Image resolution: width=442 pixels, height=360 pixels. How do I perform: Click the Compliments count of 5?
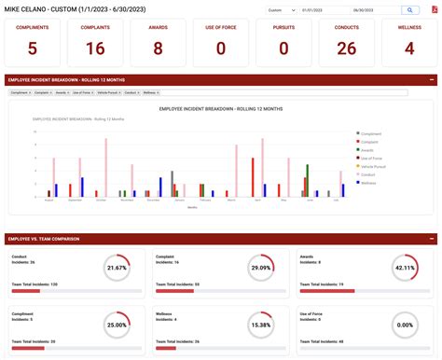33,48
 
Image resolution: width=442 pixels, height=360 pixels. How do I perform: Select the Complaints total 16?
95,48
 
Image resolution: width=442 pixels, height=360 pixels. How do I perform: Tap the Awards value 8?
158,48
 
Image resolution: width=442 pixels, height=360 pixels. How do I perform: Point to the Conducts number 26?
346,48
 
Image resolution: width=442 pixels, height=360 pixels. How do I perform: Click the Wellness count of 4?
408,48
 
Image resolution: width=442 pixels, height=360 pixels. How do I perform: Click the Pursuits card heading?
283,26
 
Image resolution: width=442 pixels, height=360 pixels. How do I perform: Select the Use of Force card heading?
220,26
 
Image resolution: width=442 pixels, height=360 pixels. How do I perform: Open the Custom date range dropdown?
277,9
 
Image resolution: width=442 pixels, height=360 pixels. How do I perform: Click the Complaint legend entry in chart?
370,142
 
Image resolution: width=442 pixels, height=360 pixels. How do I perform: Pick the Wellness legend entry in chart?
369,183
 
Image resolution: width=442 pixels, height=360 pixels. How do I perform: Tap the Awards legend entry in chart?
368,150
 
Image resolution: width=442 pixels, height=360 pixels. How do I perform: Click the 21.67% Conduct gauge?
117,268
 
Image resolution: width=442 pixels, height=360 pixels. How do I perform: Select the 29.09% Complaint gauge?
260,268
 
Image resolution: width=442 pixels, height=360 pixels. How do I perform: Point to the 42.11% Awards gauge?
404,268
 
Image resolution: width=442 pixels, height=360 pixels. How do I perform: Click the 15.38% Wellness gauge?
260,325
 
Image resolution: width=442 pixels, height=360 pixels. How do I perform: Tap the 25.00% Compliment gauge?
117,325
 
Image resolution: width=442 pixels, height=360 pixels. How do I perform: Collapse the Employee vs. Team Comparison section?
431,239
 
